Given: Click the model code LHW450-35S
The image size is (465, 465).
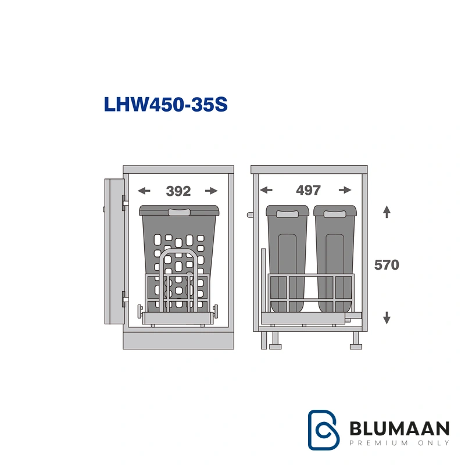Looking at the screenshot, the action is (166, 105).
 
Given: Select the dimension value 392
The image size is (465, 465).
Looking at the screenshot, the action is (178, 191).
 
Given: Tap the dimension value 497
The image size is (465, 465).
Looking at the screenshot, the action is (309, 191).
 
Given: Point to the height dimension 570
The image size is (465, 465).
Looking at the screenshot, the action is (387, 265).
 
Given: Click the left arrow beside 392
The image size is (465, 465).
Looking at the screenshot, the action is (144, 191).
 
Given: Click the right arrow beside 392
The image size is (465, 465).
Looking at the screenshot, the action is (212, 191).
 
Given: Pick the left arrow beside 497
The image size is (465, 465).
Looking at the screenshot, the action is (266, 190).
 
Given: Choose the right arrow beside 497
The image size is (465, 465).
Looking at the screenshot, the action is (345, 190).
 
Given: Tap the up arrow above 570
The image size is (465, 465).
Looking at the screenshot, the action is (387, 212).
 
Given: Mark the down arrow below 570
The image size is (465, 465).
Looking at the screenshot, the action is (387, 317).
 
